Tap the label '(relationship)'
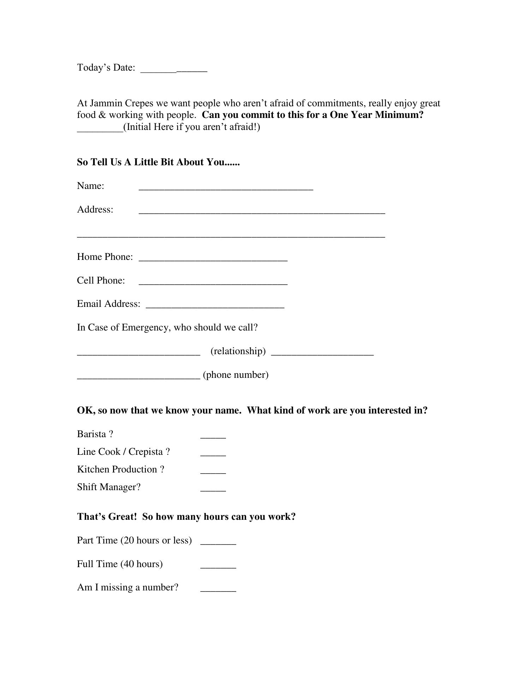[238, 351]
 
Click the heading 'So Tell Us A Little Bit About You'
[158, 162]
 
